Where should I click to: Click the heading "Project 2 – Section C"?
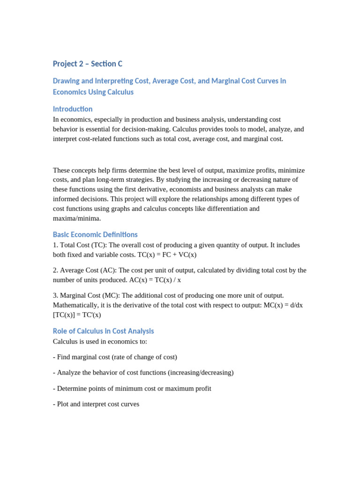click(87, 64)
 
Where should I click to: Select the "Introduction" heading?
click(73, 109)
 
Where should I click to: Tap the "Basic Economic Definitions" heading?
click(95, 234)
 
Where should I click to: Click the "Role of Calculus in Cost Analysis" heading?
click(103, 331)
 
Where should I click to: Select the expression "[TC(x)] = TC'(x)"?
click(77, 315)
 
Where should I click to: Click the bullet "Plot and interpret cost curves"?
click(96, 404)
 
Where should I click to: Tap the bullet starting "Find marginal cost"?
click(115, 357)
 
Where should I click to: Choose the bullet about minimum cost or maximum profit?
click(132, 389)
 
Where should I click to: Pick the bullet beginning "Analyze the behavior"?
click(143, 373)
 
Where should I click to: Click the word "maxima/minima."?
click(77, 218)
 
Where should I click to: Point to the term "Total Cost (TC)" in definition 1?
click(83, 245)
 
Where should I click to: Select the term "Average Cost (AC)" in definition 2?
click(88, 270)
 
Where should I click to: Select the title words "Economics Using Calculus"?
click(93, 92)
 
